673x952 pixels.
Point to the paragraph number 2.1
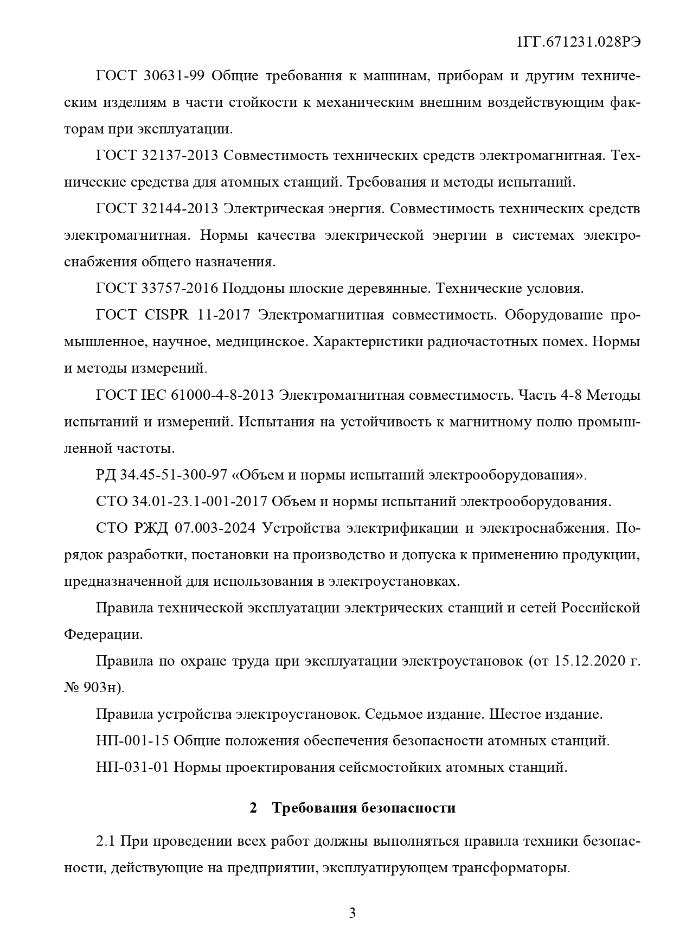pos(105,841)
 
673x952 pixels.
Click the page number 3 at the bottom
pos(352,913)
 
